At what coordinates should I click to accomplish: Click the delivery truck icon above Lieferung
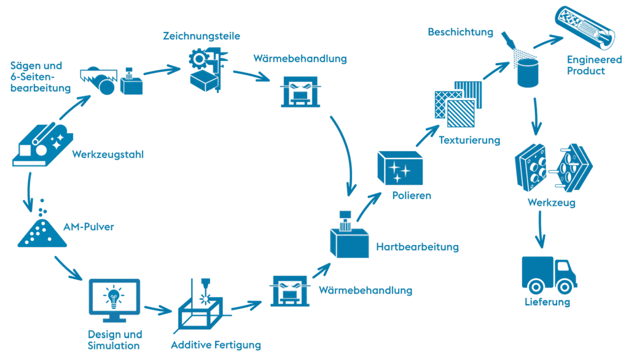tap(549, 275)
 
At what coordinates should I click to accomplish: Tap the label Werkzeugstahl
tap(107, 155)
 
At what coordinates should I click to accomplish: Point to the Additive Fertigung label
tap(216, 345)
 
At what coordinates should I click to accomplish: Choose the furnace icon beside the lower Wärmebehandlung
tap(290, 290)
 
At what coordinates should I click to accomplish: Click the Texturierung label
tap(469, 140)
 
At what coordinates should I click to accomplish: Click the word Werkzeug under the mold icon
tap(551, 202)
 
